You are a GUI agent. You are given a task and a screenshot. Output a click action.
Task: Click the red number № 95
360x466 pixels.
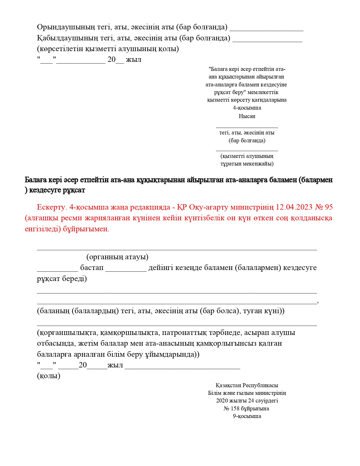pos(324,207)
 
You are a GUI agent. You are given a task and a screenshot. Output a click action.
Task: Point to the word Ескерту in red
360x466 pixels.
pos(51,207)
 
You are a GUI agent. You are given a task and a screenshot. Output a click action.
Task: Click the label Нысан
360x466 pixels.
pos(247,116)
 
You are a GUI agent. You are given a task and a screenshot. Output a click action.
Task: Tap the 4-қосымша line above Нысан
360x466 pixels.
pos(247,108)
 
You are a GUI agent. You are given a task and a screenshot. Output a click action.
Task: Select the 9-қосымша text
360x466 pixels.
pos(247,416)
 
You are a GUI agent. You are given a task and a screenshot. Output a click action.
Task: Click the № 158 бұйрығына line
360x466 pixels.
pos(246,408)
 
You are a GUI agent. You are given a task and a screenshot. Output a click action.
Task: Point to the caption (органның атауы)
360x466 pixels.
pos(117,257)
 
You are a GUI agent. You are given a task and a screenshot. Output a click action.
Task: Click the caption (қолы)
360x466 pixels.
pos(49,376)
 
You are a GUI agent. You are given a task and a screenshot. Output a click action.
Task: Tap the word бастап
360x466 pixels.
pos(92,267)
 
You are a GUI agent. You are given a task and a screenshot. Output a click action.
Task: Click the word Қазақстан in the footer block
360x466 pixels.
pos(228,385)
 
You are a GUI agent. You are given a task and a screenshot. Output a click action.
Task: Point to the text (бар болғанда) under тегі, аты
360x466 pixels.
pos(247,140)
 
